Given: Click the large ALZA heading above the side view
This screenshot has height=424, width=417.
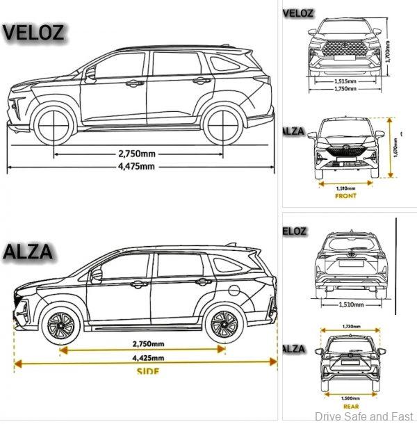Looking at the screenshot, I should [x=28, y=252].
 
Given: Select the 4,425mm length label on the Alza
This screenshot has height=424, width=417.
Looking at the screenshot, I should [x=149, y=359].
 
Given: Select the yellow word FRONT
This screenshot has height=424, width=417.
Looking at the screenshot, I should [x=345, y=196].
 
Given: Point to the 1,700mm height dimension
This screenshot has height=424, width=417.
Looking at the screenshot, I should [x=388, y=50].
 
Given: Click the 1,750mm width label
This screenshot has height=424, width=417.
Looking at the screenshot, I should [x=345, y=89].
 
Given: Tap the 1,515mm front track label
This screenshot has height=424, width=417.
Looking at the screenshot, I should [x=345, y=80].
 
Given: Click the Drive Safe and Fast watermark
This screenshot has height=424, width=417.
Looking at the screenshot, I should [x=362, y=416].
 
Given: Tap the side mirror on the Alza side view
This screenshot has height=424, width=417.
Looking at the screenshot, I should [x=97, y=275].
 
